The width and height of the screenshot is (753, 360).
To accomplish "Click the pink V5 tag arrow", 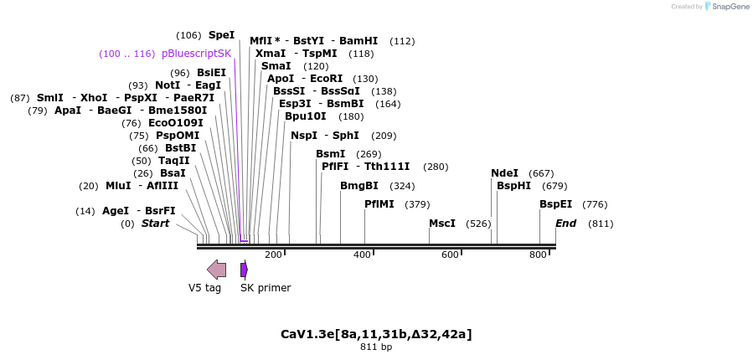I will click(x=216, y=270).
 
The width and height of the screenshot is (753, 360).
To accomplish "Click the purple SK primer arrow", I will click(x=244, y=270).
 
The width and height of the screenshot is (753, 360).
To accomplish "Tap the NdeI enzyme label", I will click(x=504, y=173).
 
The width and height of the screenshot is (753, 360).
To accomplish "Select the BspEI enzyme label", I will click(x=555, y=204).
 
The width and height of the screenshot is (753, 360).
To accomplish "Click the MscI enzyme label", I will click(x=441, y=224).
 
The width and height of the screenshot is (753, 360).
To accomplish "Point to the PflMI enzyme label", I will click(x=379, y=204).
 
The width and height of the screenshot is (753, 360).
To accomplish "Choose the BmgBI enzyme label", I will click(x=359, y=186).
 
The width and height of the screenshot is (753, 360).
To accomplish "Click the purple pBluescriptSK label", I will click(x=196, y=54).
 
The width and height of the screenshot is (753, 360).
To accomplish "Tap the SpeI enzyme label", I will click(x=221, y=35).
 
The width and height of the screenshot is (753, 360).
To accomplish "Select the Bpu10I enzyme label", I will click(x=306, y=116).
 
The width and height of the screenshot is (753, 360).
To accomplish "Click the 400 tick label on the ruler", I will click(x=362, y=255).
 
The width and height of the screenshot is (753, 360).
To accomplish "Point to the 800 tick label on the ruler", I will click(x=538, y=255).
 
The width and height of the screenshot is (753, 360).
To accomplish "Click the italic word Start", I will click(x=155, y=224).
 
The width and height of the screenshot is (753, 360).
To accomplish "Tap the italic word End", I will click(x=566, y=224).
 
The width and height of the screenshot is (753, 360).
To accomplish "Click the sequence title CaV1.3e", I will click(x=376, y=334).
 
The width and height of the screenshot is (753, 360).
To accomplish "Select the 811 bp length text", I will click(x=376, y=347).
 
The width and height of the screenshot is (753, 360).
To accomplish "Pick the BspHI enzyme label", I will click(x=513, y=186).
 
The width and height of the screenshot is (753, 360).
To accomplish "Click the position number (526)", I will click(x=478, y=224).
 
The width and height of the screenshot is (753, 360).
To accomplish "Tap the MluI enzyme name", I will click(x=118, y=186).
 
